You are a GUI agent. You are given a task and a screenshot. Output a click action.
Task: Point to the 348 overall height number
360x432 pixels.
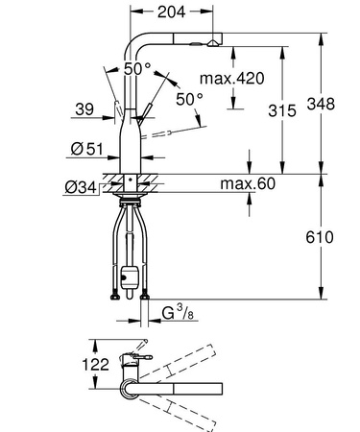pyautogui.click(x=336, y=102)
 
